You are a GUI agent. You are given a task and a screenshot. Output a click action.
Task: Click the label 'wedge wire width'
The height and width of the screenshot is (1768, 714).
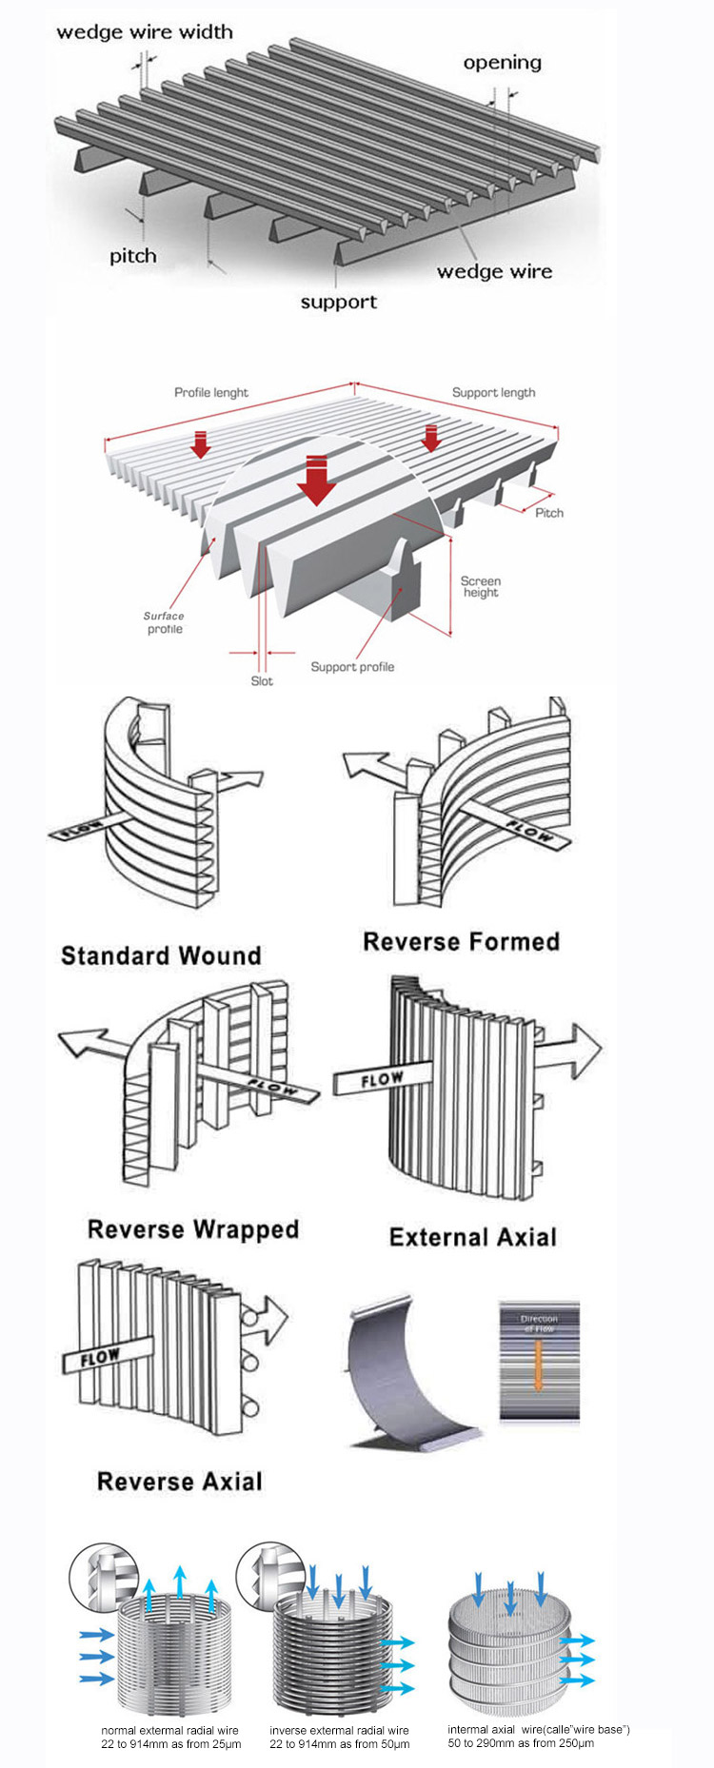tap(145, 31)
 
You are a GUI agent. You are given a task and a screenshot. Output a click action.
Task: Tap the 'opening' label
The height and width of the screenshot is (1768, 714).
tap(502, 63)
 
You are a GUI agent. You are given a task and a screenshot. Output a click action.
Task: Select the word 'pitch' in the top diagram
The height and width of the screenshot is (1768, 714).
tap(132, 256)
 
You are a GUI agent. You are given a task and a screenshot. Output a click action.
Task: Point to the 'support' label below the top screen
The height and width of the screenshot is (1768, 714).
tap(338, 302)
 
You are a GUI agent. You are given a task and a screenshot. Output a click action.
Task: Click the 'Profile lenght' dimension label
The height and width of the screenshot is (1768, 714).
tap(210, 392)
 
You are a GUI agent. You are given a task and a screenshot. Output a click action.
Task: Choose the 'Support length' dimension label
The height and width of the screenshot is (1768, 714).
tap(492, 392)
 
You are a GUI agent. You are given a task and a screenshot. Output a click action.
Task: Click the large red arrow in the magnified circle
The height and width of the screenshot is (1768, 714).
tap(316, 480)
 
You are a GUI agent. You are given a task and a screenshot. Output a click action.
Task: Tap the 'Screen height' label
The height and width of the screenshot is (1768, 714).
tap(481, 586)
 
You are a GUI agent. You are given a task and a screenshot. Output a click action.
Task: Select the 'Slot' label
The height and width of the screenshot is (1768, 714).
tap(261, 680)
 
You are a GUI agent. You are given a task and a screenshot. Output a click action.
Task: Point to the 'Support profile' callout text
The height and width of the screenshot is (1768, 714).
tap(351, 667)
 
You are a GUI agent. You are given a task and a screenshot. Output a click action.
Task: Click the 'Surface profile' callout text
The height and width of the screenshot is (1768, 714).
tap(164, 622)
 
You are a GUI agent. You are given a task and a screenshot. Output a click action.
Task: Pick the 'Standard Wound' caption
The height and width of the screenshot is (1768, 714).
tap(161, 955)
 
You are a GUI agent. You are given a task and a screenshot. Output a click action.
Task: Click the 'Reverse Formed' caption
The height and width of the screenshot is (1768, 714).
tap(461, 941)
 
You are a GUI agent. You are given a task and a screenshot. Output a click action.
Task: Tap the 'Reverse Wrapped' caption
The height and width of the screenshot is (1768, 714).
tap(193, 1228)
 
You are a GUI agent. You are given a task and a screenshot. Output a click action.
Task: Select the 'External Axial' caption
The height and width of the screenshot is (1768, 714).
tap(472, 1236)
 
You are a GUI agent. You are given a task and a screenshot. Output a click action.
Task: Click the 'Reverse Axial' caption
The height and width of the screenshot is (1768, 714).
tap(179, 1481)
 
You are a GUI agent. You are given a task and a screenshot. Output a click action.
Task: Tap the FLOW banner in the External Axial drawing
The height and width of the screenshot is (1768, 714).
tap(381, 1080)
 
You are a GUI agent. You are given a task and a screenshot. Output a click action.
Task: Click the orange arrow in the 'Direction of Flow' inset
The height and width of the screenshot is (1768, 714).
tap(538, 1365)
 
